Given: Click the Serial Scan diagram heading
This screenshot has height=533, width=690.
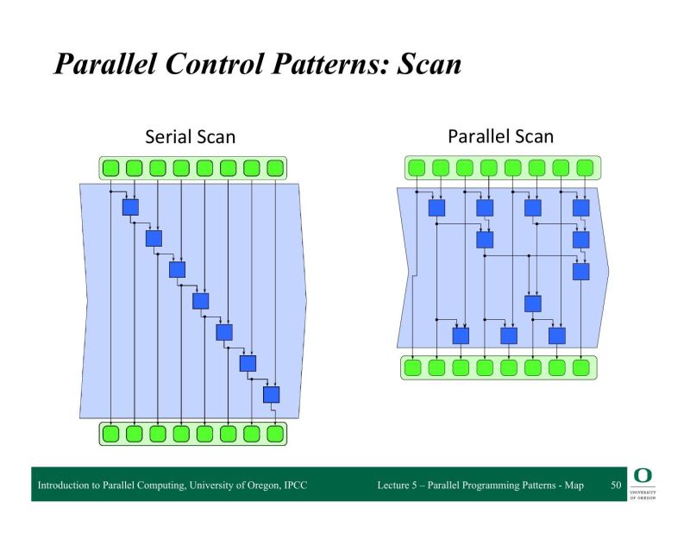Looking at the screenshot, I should [190, 136].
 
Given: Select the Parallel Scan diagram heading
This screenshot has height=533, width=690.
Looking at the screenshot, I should [500, 135].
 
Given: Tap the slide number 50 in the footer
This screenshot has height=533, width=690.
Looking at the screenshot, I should [616, 486].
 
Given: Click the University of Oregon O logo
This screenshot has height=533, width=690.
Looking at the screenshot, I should [643, 476].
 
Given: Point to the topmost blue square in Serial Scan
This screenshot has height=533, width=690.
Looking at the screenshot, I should [130, 207].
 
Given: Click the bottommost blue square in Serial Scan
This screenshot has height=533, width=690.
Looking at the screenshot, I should [272, 394].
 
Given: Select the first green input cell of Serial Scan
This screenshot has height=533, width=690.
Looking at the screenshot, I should [110, 167].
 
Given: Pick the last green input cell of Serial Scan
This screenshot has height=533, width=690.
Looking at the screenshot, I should [275, 167].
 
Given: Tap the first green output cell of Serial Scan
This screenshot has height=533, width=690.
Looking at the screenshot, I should [110, 433].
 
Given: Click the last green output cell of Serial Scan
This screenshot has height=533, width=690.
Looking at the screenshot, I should [275, 433].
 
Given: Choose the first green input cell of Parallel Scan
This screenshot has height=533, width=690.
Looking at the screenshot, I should [416, 167].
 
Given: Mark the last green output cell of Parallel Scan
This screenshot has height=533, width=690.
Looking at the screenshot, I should [581, 367].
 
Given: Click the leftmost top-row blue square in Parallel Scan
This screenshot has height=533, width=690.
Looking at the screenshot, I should [436, 208].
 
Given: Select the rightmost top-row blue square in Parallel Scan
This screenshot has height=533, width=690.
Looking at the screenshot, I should [580, 208].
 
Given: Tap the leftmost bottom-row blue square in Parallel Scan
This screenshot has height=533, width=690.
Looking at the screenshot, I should [461, 335].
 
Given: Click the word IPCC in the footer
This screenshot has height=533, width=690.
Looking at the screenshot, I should [294, 486].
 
